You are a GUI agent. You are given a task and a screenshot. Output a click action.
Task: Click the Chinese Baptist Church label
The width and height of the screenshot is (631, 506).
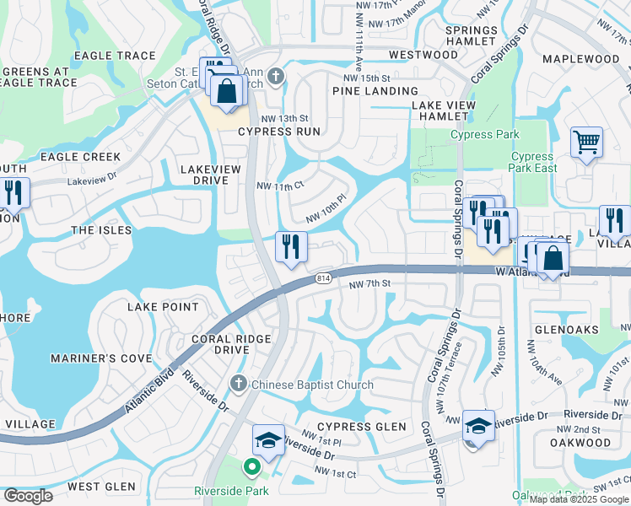tap(312, 385)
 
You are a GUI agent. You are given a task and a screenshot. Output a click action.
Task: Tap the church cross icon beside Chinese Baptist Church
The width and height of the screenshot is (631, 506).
tap(238, 385)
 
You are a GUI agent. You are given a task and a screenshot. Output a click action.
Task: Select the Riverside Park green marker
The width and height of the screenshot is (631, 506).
tap(251, 466)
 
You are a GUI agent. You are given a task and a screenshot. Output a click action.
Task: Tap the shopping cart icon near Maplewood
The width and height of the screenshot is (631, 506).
tap(586, 142)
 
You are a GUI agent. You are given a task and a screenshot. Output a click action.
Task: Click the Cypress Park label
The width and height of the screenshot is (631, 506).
tap(485, 135)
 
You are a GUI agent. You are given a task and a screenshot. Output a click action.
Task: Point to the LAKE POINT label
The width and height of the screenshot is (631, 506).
tap(163, 307)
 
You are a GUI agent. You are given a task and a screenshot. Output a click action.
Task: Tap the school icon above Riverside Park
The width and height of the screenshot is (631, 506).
tap(268, 440)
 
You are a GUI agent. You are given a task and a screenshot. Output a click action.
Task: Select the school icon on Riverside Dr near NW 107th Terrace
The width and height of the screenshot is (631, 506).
tap(477, 426)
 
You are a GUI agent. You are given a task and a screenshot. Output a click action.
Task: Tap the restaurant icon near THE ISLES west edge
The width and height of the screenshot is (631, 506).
tap(13, 193)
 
